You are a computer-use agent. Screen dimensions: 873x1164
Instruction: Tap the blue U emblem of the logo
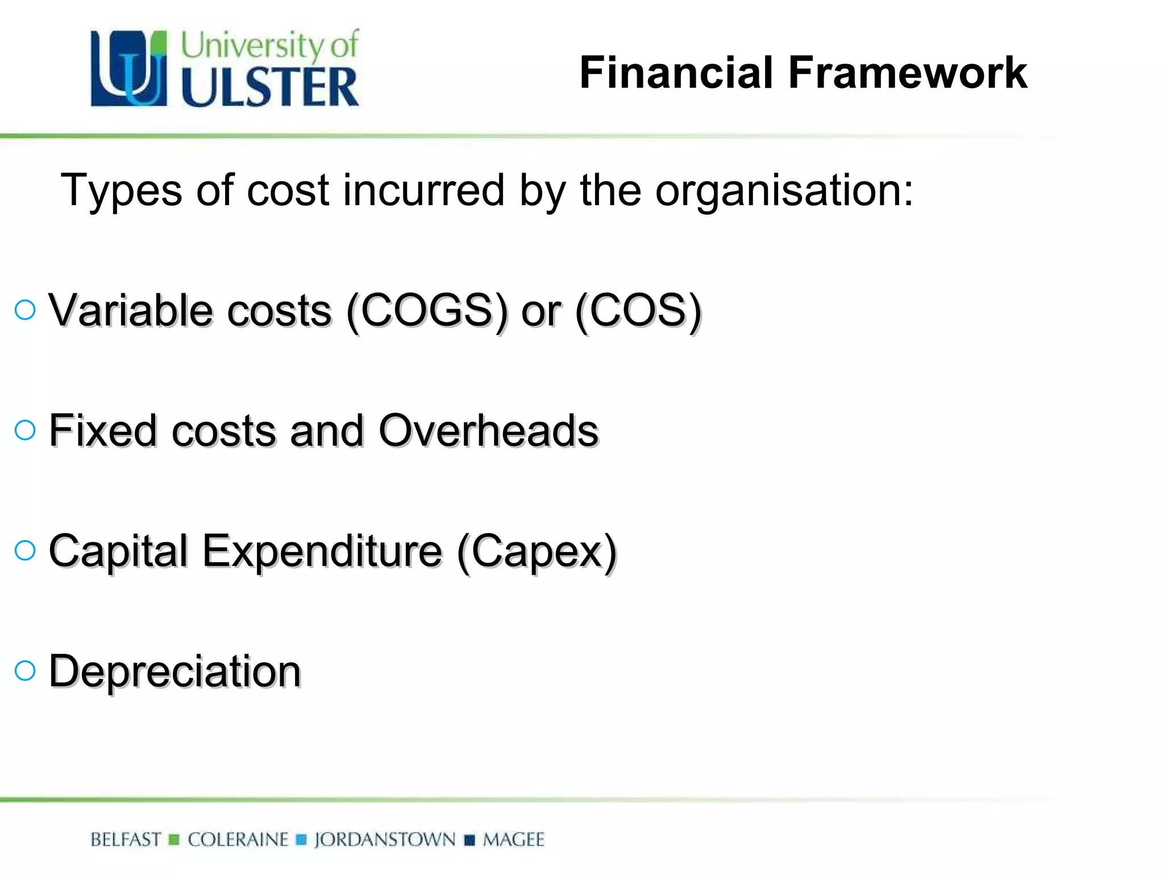point(129,69)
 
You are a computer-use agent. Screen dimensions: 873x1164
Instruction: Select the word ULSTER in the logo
point(270,87)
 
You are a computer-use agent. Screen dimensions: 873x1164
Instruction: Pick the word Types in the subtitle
point(121,191)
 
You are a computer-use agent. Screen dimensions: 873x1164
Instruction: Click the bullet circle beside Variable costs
point(25,310)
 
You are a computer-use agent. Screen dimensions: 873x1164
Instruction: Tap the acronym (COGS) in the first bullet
point(427,311)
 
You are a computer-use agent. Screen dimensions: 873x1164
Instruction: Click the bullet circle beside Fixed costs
point(25,430)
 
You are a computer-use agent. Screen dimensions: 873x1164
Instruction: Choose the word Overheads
point(488,430)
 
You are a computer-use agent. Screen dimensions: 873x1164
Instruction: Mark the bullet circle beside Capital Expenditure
point(25,550)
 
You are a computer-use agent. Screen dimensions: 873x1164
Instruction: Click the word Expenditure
point(322,551)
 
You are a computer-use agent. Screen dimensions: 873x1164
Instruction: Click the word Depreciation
point(175,671)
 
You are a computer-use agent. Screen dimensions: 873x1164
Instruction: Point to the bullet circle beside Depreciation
point(25,671)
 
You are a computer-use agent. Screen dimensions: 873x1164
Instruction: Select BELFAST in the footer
point(126,839)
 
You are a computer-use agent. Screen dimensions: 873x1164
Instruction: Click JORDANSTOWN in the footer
point(385,839)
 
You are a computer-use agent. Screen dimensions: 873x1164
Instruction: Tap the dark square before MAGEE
point(469,840)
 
